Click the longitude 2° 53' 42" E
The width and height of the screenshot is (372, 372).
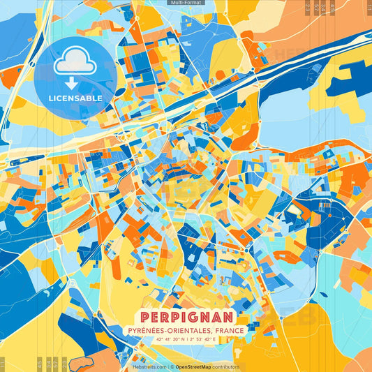click(209, 339)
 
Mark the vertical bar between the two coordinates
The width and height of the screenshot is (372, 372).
click(186, 339)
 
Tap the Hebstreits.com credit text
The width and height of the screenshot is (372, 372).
click(148, 366)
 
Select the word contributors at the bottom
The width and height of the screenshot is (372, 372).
click(226, 366)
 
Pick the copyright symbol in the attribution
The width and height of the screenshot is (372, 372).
click(170, 366)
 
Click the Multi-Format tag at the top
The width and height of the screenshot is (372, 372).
click(186, 3)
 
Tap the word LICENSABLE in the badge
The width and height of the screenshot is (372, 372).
click(75, 98)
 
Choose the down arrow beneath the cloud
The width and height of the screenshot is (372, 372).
click(75, 82)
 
